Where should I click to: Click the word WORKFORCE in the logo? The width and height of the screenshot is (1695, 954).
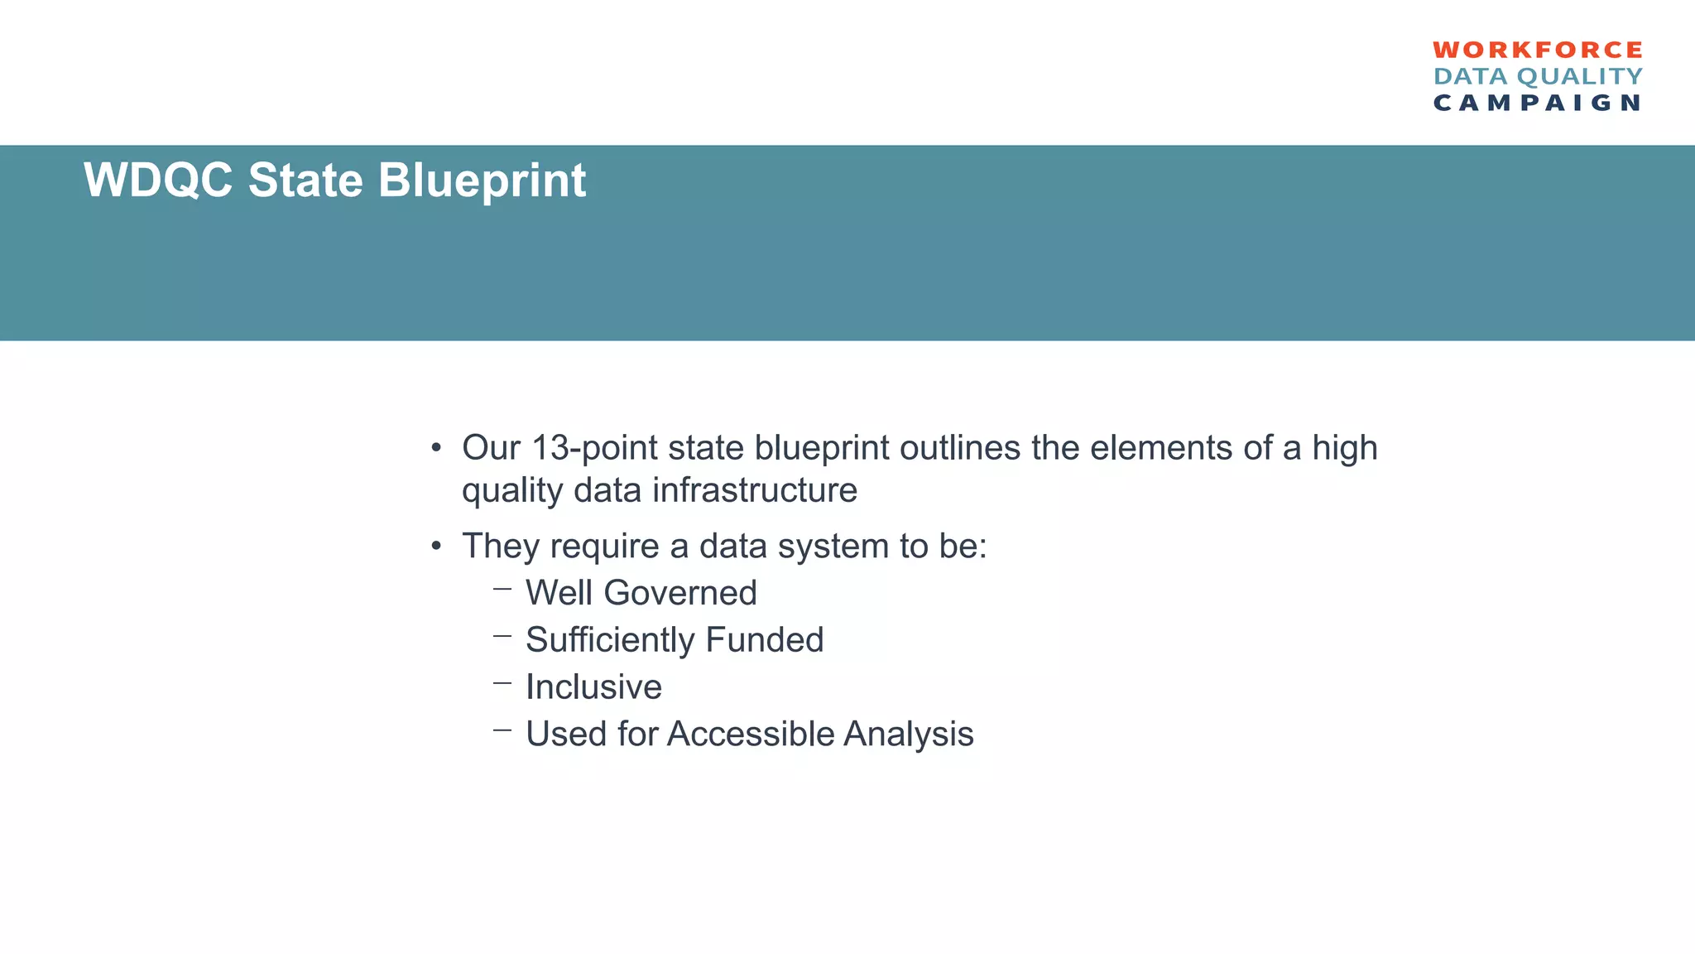point(1537,50)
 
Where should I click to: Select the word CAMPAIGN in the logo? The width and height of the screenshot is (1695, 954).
point(1537,103)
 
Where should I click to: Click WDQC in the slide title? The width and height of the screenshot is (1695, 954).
point(158,180)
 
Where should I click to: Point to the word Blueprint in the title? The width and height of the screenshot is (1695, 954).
point(482,180)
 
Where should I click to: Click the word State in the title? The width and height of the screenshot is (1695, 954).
point(305,180)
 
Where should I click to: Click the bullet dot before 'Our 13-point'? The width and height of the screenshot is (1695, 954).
point(436,449)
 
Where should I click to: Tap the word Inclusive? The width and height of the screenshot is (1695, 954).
point(593,687)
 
